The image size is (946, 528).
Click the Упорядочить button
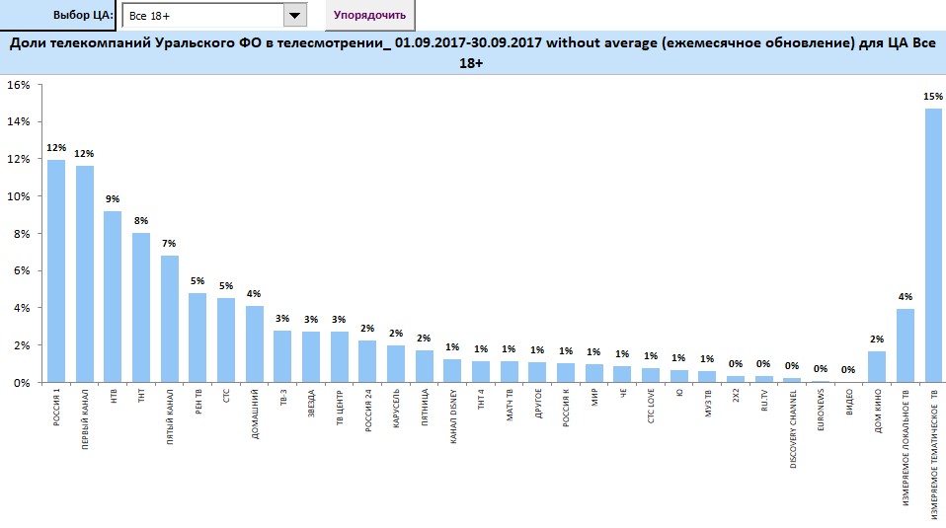click(369, 15)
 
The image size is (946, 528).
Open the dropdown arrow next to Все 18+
click(295, 16)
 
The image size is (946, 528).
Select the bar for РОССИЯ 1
click(56, 271)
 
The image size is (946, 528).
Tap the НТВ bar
click(113, 296)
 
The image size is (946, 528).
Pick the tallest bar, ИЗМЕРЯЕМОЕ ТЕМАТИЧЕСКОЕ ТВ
click(932, 247)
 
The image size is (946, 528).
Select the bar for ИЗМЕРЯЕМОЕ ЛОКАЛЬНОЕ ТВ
click(905, 345)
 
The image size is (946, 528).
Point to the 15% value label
click(932, 96)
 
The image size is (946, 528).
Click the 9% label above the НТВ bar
click(113, 198)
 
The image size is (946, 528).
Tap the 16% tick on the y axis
click(18, 85)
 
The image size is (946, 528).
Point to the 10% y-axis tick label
click(18, 196)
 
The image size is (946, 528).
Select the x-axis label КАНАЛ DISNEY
click(452, 419)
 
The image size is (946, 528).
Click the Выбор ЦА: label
click(83, 16)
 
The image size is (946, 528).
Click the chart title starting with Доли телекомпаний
click(473, 52)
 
